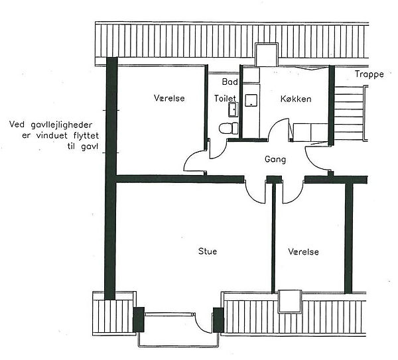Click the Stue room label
(x=208, y=251)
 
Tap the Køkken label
(x=296, y=99)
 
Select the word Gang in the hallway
(x=275, y=159)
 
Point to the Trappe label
(x=369, y=74)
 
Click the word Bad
(x=230, y=82)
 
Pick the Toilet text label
(x=225, y=98)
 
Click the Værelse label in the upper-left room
(x=169, y=98)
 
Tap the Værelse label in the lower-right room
(x=304, y=252)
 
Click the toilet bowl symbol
(x=228, y=128)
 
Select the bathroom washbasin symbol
(x=233, y=109)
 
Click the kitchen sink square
(x=251, y=100)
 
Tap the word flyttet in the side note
(x=86, y=136)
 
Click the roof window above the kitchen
(x=266, y=54)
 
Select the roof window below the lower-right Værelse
(x=290, y=302)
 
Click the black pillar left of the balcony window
(x=139, y=320)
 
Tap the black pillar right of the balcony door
(x=218, y=320)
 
